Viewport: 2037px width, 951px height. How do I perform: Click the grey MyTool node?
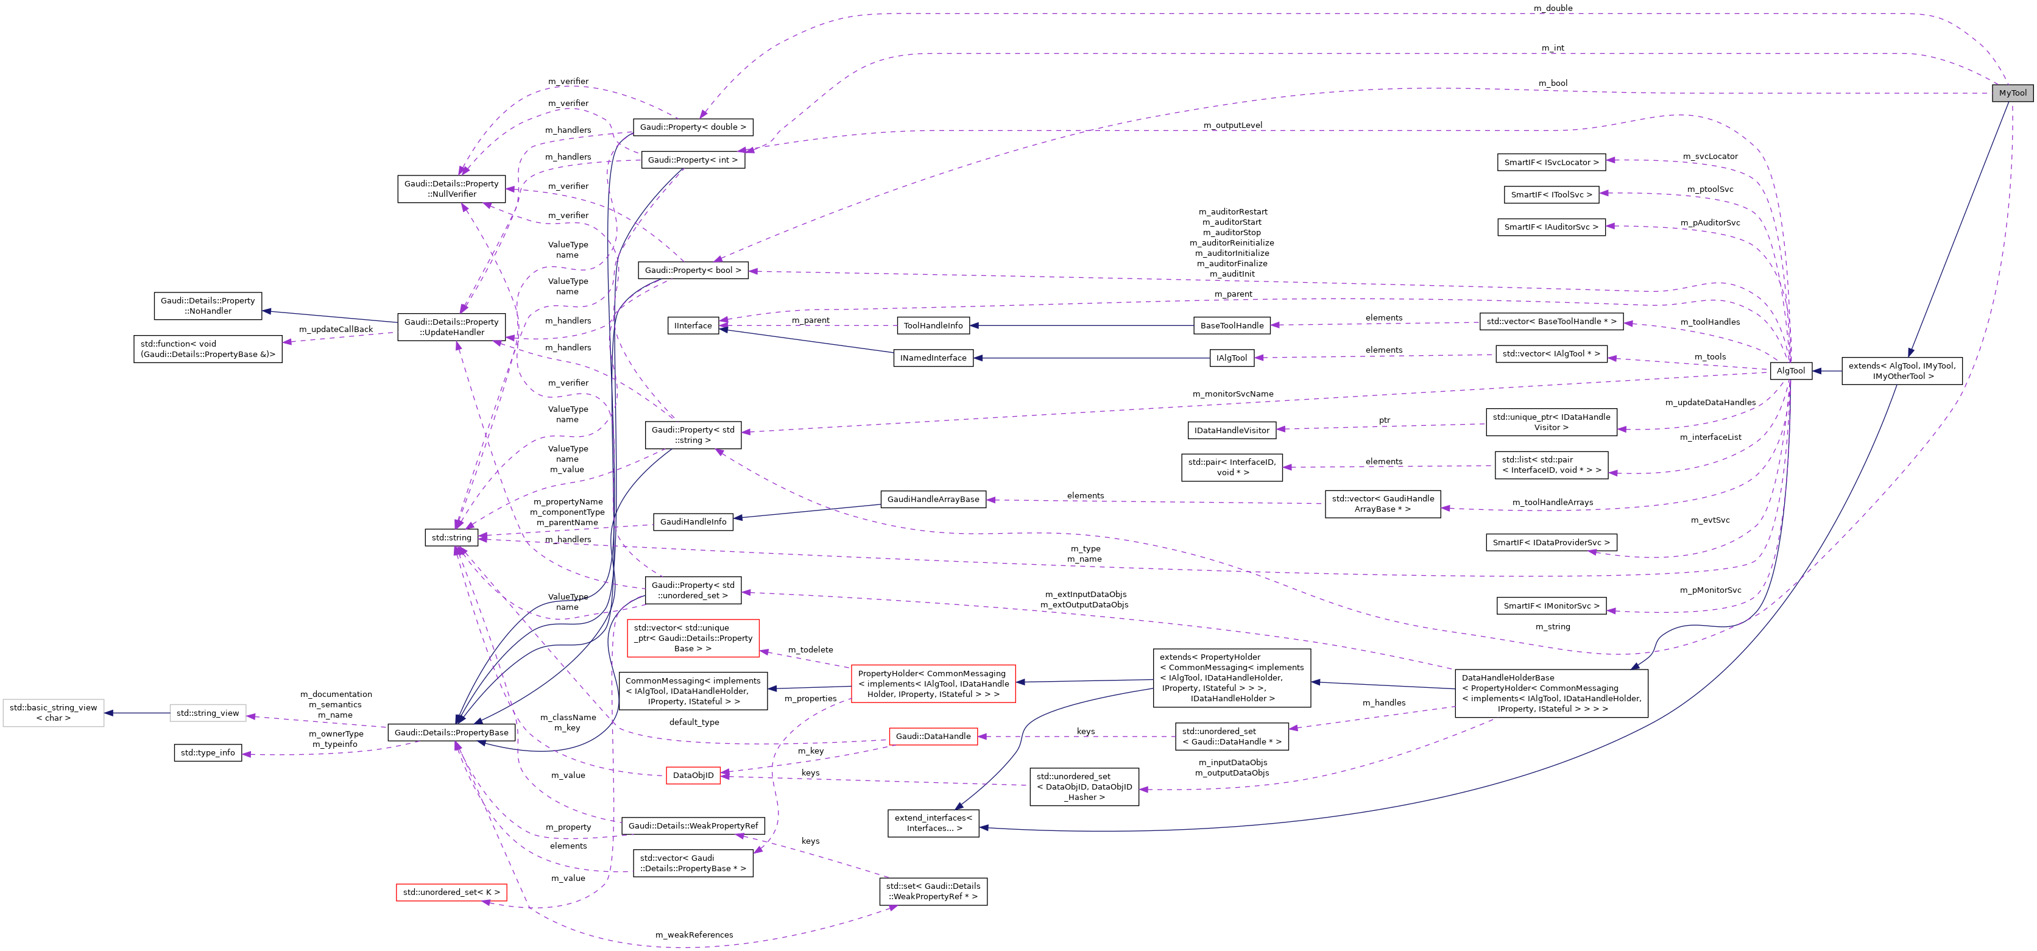(x=2013, y=93)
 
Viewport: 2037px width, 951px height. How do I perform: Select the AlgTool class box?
(x=1790, y=371)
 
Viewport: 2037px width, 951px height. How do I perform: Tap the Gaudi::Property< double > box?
(x=693, y=127)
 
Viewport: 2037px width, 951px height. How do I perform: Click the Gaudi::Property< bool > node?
(x=693, y=270)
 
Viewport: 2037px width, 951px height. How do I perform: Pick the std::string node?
(x=451, y=538)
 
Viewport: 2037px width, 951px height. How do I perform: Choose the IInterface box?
(x=693, y=326)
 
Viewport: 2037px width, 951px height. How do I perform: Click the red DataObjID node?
(x=693, y=776)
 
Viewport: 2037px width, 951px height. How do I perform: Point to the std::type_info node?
(x=207, y=753)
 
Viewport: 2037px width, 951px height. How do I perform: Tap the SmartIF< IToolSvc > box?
(x=1552, y=194)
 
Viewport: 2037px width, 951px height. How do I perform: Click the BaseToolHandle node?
(x=1232, y=326)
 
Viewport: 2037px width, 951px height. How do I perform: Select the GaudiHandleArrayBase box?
(x=933, y=499)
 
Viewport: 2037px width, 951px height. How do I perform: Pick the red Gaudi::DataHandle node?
(x=933, y=737)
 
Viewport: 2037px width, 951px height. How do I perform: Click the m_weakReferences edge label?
(x=693, y=935)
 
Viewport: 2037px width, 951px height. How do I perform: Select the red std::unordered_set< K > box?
(x=451, y=893)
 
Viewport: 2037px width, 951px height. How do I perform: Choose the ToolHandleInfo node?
(x=933, y=326)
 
